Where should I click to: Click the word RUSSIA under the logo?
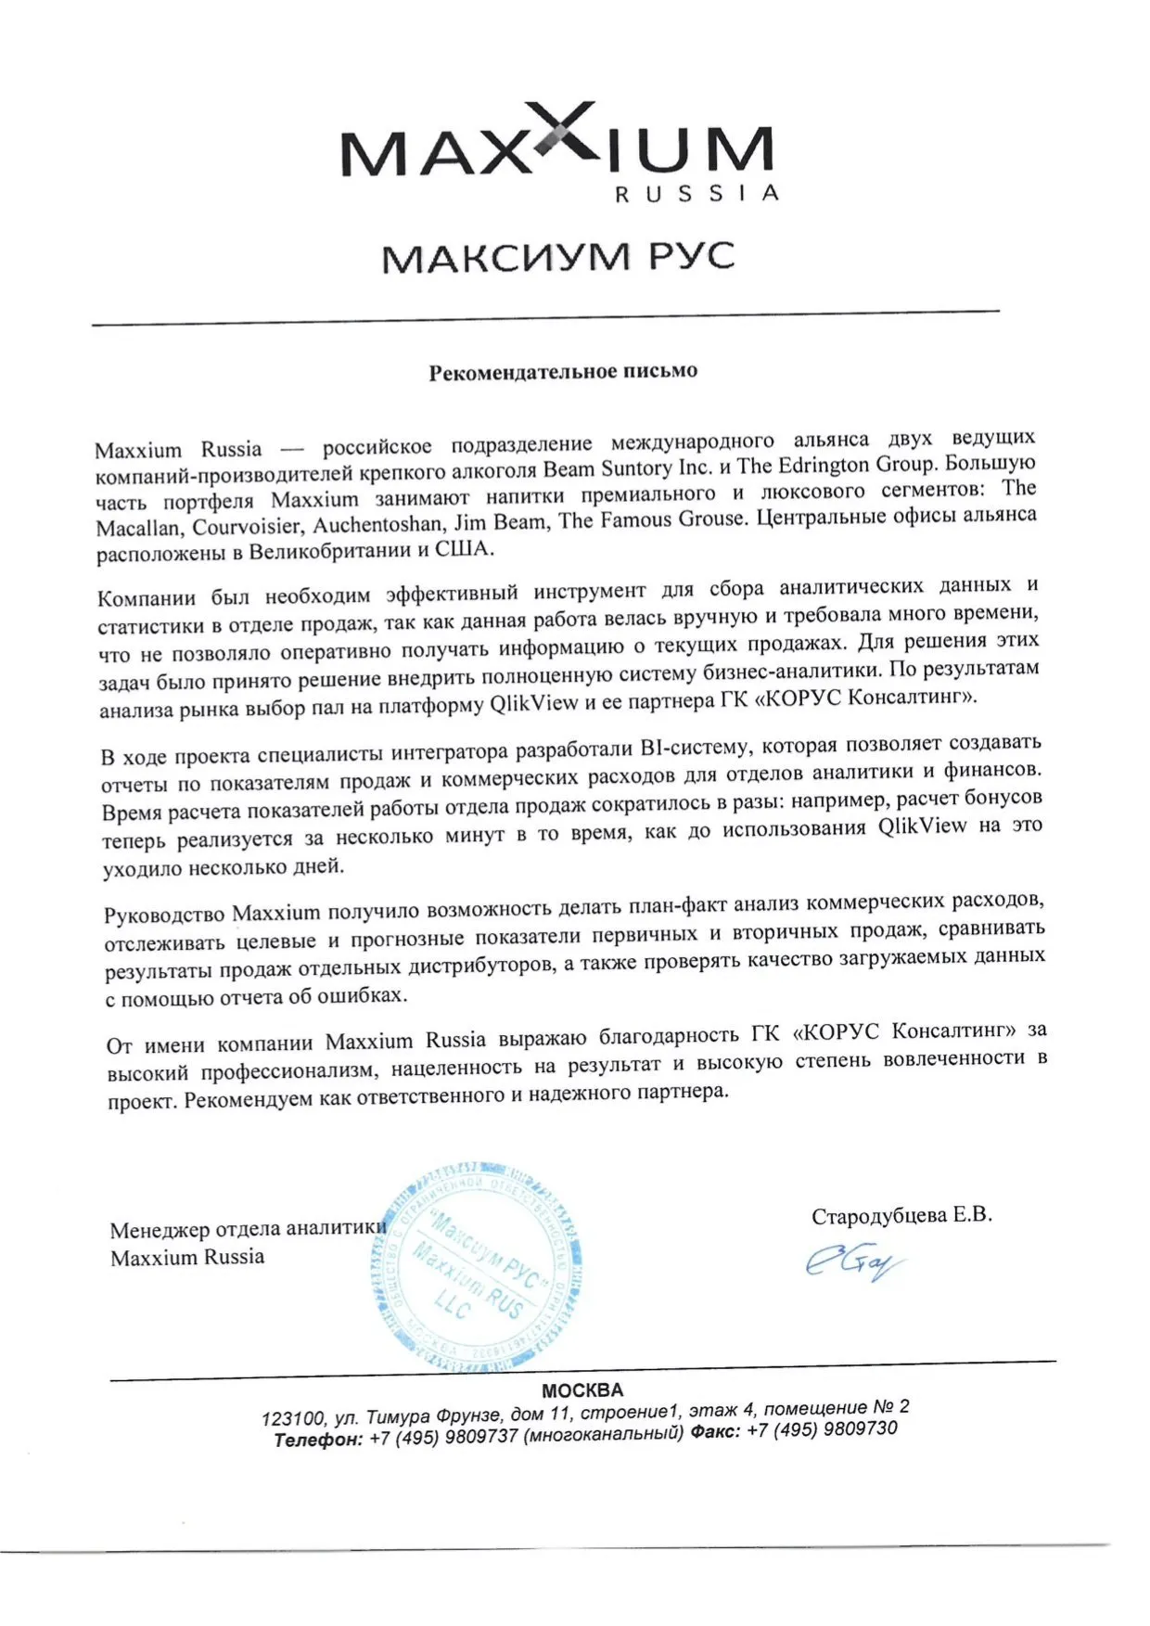click(696, 194)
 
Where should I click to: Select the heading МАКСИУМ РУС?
click(558, 257)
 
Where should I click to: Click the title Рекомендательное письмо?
click(562, 372)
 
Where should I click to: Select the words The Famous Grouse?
click(652, 519)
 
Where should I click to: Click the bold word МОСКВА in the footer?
click(582, 1390)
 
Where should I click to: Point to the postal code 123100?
click(292, 1419)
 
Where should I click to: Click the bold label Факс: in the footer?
click(715, 1432)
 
